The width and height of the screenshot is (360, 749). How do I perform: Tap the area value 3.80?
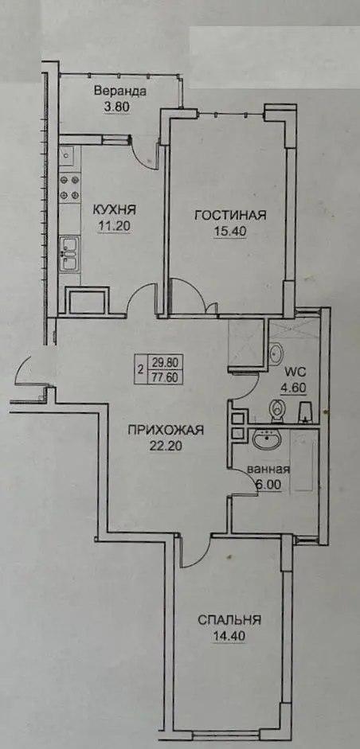coord(117,107)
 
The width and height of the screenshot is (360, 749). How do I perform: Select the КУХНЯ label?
coord(114,209)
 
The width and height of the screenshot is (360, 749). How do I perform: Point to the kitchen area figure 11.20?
coord(115,225)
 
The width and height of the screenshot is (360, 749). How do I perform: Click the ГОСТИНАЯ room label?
coord(230,216)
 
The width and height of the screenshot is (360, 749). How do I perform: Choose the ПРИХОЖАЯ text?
coord(166,430)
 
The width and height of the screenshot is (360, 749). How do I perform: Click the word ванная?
coord(268,469)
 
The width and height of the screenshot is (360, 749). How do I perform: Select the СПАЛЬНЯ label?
coord(229,620)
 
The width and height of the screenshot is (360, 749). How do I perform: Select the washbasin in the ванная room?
coord(268,439)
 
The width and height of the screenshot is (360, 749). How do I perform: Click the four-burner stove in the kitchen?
coord(70,187)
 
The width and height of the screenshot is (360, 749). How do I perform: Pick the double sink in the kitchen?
coord(70,254)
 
